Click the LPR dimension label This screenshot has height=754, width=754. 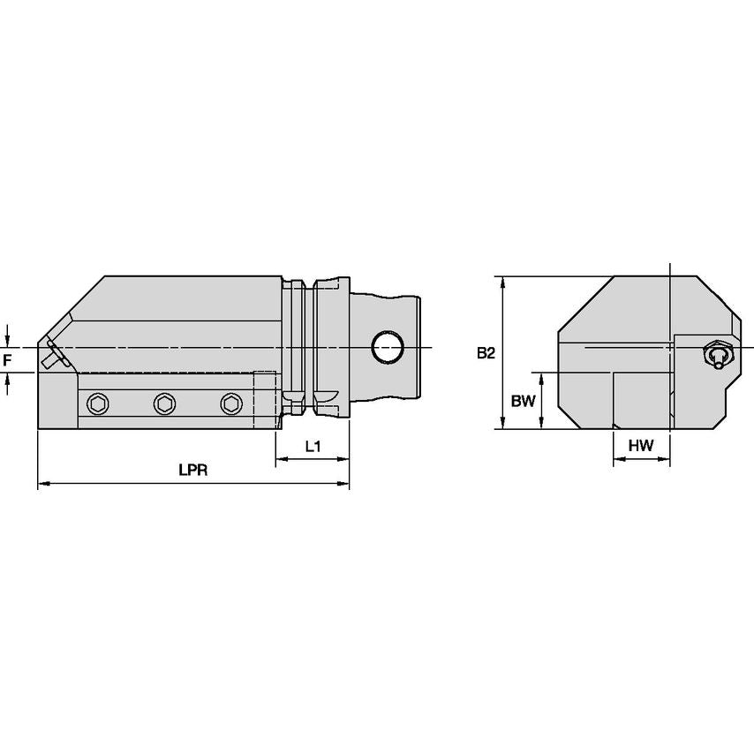192,471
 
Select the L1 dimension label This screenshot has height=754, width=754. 313,447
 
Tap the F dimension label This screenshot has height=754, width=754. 7,360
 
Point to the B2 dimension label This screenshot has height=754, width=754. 486,353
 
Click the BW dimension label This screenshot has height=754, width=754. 524,401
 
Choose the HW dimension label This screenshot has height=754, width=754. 641,447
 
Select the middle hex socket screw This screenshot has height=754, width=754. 163,404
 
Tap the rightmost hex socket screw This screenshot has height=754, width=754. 230,404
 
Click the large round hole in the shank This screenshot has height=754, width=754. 387,347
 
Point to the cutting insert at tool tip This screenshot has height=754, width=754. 56,355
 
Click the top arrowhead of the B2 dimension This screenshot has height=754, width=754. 503,282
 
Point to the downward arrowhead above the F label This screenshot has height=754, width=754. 7,342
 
